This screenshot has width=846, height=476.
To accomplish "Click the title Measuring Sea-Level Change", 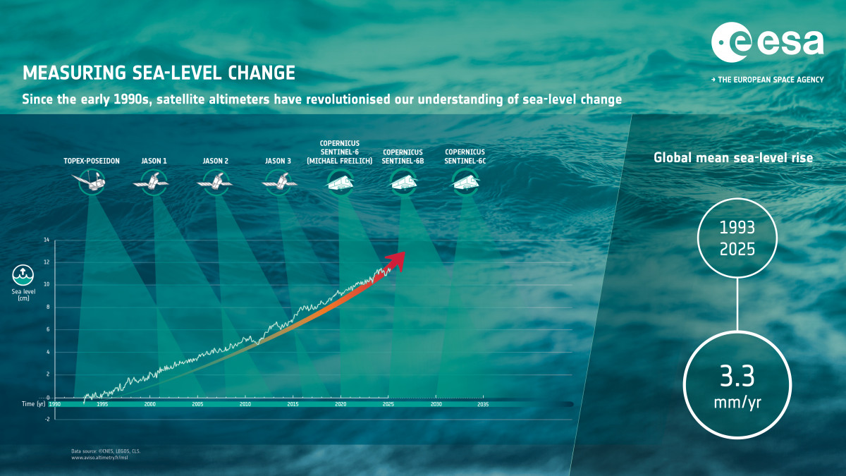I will pos(159,73).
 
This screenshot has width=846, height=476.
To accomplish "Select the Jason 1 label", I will pos(154,161).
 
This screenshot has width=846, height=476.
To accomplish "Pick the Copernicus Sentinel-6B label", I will pos(403,156).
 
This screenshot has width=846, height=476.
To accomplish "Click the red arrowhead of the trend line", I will pos(398,259).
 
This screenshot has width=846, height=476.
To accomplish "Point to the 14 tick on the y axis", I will pos(47,240).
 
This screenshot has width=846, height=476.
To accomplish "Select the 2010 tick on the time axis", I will pos(245,405).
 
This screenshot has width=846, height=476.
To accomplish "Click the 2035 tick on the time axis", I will pos(483,405).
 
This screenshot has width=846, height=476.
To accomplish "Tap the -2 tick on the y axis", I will pos(47,419).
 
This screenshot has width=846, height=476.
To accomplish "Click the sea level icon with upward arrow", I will pos(21,273).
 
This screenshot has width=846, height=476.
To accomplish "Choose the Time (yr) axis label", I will pos(32,405).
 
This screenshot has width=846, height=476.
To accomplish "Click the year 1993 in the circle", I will pos(737,228).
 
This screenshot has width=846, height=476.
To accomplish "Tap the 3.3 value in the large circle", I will pos(737,377).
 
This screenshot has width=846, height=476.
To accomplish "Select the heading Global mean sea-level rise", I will pos(733,158).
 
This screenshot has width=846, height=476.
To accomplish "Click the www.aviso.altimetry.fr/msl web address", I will pos(102,458).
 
